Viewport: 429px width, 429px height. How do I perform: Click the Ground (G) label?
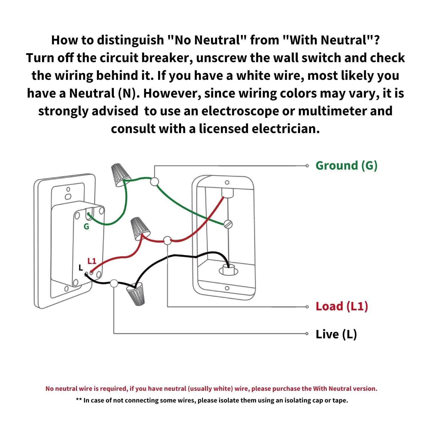coord(346,166)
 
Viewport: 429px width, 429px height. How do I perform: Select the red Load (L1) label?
coord(341,306)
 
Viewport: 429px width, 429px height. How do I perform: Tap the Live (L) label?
coord(336,334)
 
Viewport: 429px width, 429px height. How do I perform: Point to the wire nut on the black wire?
coord(136,295)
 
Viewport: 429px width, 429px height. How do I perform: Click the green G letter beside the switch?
coord(86,227)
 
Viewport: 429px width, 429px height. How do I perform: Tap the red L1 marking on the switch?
coord(92,261)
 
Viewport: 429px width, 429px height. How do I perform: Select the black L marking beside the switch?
coord(81,268)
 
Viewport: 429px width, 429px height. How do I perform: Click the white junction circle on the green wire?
coord(154,182)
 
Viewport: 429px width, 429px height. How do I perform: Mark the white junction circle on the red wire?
coord(167,241)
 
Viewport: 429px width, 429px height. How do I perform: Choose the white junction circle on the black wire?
coord(114,283)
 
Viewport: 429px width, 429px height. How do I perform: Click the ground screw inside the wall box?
coord(228,224)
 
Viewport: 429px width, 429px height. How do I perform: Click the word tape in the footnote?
coord(341,400)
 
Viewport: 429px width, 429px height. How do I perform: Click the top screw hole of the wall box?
coord(227,182)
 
